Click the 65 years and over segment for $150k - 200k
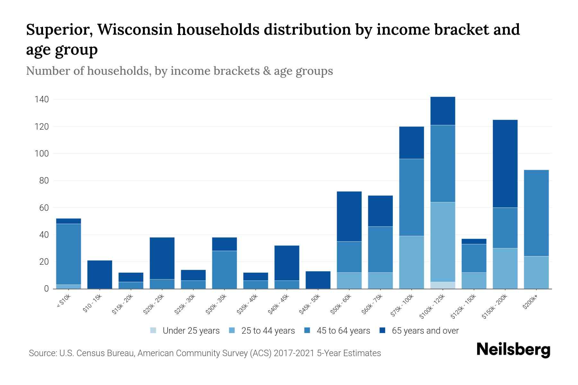[x=505, y=164]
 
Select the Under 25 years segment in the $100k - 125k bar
[x=443, y=285]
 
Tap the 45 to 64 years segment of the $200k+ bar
[x=536, y=213]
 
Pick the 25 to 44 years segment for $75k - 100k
[x=411, y=262]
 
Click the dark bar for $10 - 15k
[x=100, y=274]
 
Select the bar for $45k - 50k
[x=318, y=280]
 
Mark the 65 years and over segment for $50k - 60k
[x=349, y=216]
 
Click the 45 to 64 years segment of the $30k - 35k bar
[x=224, y=269]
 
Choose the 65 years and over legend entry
[x=425, y=331]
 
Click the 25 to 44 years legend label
[x=268, y=331]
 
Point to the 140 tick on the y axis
[x=42, y=99]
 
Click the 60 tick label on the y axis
[x=44, y=208]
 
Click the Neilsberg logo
[x=513, y=349]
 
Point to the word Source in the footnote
[x=42, y=353]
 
